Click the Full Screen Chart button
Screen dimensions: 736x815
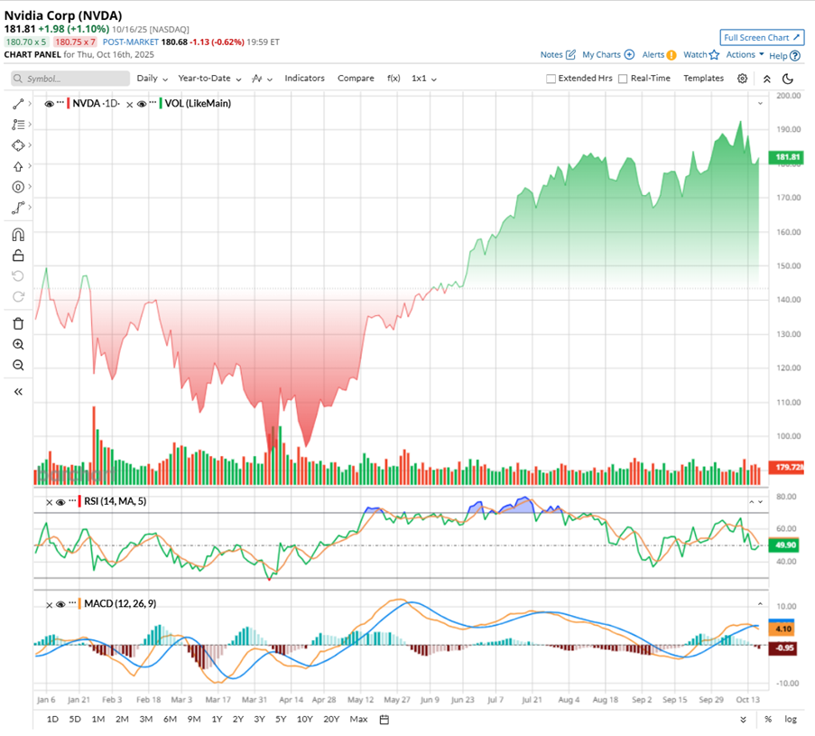pos(762,37)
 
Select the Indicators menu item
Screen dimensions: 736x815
pos(304,79)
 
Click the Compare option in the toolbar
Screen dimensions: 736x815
pos(356,79)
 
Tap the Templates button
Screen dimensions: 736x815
pos(703,79)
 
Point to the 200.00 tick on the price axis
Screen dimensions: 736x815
pos(788,95)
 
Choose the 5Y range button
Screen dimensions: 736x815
pos(282,719)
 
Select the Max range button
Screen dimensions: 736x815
pos(358,719)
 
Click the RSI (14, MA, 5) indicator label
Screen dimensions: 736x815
pos(116,501)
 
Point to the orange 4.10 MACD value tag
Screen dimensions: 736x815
pos(782,629)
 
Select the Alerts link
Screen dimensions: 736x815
pos(653,55)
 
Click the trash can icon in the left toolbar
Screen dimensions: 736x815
pos(18,323)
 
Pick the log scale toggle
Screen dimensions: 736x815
pos(792,719)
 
